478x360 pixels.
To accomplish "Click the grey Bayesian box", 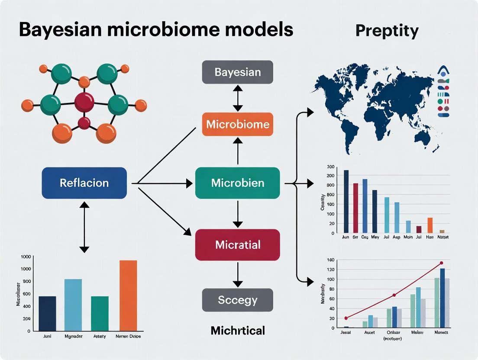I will [x=237, y=72].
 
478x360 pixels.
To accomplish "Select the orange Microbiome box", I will [x=237, y=125].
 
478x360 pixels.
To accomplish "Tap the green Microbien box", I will [x=237, y=183].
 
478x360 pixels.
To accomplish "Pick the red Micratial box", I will [x=237, y=245].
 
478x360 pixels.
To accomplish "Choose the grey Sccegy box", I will [x=237, y=300].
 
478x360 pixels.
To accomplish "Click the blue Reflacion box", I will [x=84, y=183].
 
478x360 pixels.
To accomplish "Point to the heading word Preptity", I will [x=387, y=31].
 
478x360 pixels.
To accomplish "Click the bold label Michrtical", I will [x=237, y=331].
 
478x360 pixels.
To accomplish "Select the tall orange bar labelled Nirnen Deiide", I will [x=128, y=295].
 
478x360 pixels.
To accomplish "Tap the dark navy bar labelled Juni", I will [x=47, y=313].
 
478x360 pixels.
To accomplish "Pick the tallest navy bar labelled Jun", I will [x=346, y=201].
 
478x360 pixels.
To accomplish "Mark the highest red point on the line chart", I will [x=441, y=263].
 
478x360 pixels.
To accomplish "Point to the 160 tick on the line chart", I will [x=331, y=260].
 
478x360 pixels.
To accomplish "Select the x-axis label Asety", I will [x=100, y=336].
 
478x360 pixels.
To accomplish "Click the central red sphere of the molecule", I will [x=84, y=102].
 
